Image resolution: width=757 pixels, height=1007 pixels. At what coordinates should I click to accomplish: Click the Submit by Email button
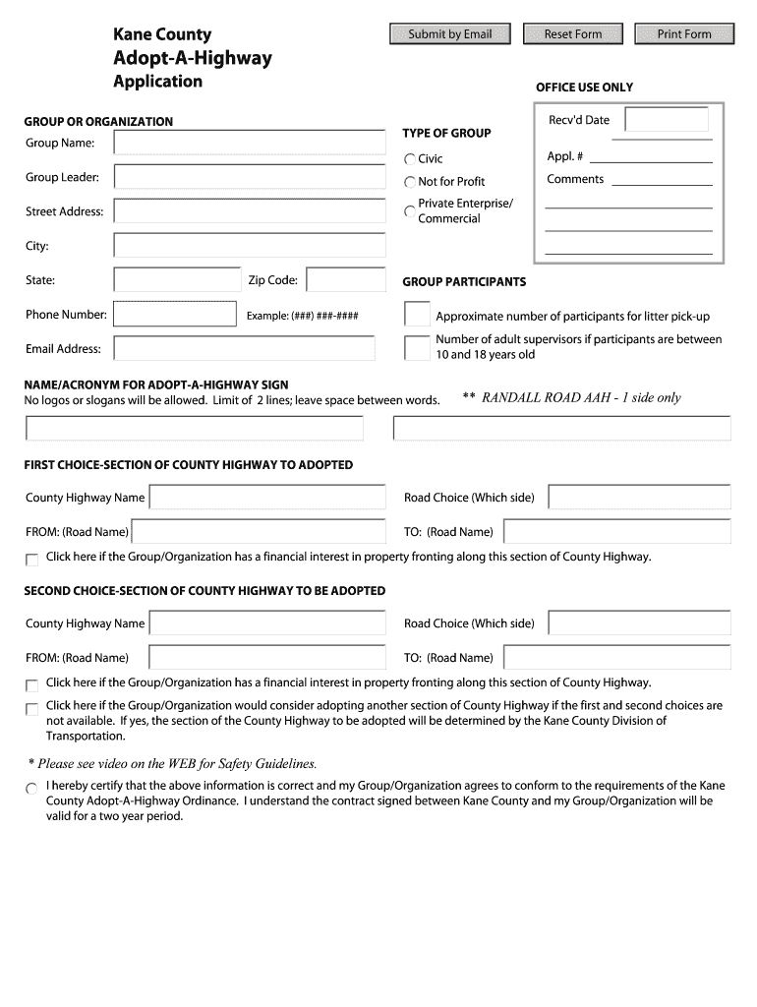(x=449, y=34)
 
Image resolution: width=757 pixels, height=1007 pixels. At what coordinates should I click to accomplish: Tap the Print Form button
(x=684, y=34)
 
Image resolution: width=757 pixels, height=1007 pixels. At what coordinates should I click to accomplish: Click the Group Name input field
(x=250, y=143)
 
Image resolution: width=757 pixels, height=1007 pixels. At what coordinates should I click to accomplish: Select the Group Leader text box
(x=250, y=177)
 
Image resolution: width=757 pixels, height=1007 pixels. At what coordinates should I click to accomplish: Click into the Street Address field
(x=250, y=211)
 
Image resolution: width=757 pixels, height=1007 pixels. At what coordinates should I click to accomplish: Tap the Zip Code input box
(x=346, y=280)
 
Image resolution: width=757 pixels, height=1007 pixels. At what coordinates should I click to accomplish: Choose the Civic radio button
(x=410, y=159)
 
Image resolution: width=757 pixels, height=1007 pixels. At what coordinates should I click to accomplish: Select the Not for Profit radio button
(x=410, y=182)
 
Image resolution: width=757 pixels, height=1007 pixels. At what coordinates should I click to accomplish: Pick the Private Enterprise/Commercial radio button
(x=410, y=210)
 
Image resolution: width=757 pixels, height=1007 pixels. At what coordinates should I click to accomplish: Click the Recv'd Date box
(x=667, y=120)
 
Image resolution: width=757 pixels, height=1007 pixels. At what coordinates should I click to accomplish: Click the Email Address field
(x=245, y=348)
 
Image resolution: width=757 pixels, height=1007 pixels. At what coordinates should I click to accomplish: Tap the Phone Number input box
(x=177, y=315)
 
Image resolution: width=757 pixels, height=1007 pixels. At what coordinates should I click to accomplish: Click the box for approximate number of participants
(x=418, y=315)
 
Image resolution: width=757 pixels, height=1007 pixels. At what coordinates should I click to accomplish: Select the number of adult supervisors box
(x=418, y=347)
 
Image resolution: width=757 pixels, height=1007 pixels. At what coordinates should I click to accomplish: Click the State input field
(x=177, y=280)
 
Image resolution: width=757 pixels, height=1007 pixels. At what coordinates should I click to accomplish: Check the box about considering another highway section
(x=32, y=708)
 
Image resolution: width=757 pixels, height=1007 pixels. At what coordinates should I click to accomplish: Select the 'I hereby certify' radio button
(x=31, y=788)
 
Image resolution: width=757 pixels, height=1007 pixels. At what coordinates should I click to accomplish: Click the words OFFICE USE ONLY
(x=584, y=88)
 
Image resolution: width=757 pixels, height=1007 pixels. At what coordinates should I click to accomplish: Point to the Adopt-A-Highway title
(x=193, y=58)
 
